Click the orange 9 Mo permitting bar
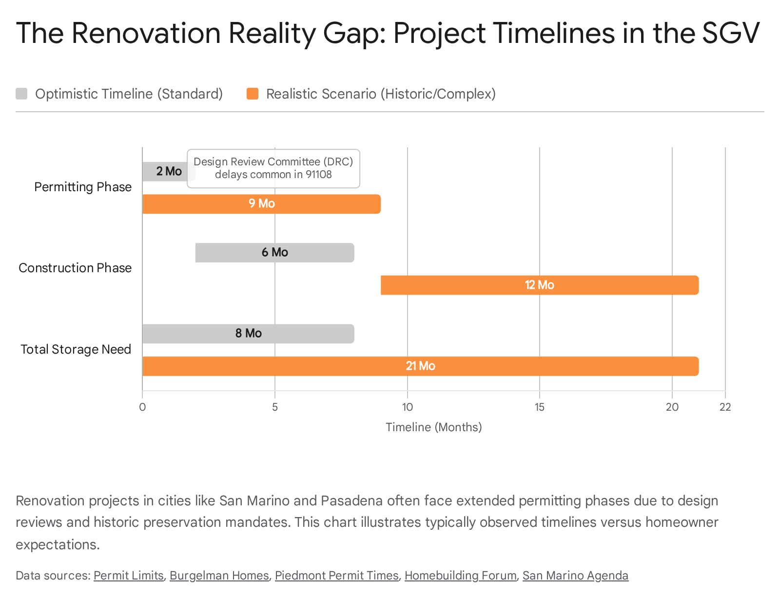click(261, 204)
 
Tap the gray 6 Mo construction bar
click(274, 253)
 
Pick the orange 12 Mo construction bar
click(540, 285)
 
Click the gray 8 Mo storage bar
click(249, 334)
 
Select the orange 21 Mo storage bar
click(421, 366)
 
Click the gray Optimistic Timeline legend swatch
click(21, 94)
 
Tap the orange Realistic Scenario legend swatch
click(253, 94)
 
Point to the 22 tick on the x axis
click(725, 407)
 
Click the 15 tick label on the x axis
click(540, 407)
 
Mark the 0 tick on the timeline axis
click(142, 407)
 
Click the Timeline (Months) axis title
click(433, 427)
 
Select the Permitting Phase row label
click(83, 187)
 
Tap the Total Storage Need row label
click(76, 349)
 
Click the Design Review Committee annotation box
click(273, 168)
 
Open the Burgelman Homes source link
click(219, 575)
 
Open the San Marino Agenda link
click(575, 575)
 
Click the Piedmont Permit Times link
click(337, 575)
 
